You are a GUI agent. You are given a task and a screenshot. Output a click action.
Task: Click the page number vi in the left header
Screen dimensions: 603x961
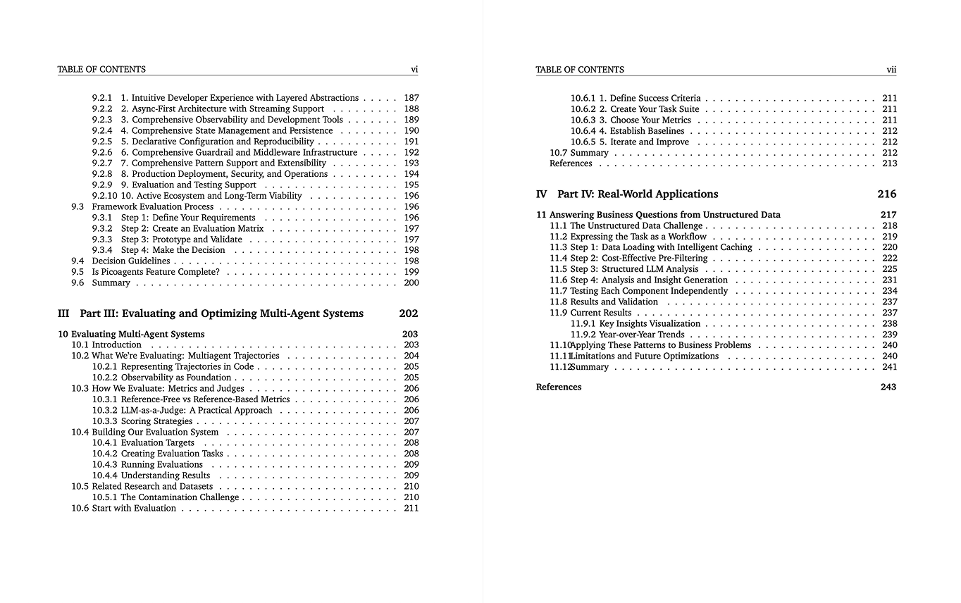(414, 69)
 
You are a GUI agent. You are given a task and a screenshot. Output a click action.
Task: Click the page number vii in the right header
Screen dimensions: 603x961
(891, 70)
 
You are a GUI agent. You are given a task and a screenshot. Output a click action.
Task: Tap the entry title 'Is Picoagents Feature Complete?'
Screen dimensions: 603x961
(156, 272)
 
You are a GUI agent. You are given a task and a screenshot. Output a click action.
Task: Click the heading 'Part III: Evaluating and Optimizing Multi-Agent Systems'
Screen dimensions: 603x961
(222, 313)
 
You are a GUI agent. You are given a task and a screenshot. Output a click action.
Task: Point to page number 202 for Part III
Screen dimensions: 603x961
(408, 313)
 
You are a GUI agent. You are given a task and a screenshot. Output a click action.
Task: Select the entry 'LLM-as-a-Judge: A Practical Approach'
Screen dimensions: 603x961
(197, 410)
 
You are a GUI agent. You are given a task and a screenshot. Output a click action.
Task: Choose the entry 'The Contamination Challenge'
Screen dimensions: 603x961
(180, 497)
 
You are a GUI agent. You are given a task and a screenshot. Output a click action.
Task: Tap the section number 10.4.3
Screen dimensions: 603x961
(104, 465)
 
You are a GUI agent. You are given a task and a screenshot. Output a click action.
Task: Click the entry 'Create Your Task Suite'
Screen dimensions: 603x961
(655, 109)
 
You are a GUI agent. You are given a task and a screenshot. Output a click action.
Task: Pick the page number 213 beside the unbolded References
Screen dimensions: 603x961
(889, 163)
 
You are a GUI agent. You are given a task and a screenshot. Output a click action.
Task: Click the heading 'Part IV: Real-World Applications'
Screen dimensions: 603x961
(638, 194)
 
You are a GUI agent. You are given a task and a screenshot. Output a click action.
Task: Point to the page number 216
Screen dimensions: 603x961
(887, 194)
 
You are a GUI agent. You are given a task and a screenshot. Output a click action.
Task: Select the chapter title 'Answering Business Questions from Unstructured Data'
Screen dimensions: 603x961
(664, 215)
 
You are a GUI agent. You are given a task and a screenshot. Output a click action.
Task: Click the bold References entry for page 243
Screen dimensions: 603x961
(559, 387)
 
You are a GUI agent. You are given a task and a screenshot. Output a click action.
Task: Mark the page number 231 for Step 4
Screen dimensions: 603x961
(889, 280)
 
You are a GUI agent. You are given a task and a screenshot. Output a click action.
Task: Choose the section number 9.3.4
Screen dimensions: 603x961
(102, 250)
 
